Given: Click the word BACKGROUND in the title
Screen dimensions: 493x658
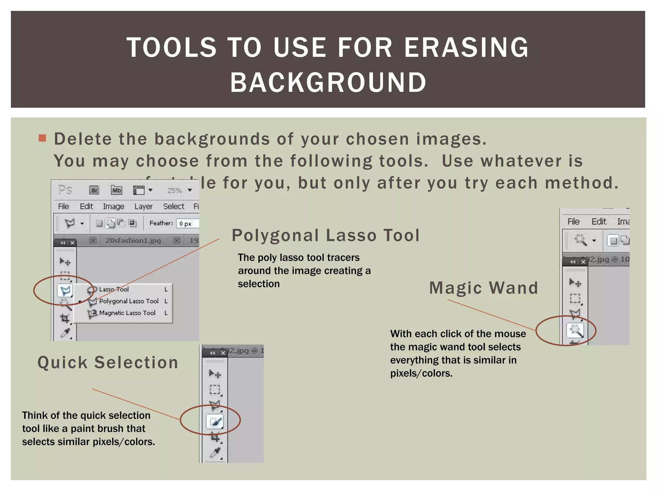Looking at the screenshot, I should click(328, 82).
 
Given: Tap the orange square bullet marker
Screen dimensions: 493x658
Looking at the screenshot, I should click(42, 138).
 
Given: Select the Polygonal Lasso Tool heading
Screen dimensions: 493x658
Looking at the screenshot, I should click(325, 235).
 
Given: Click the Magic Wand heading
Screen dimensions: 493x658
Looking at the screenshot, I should click(484, 288).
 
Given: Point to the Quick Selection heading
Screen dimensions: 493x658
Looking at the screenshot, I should click(108, 363).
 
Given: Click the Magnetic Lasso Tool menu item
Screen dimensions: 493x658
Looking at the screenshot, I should click(127, 313).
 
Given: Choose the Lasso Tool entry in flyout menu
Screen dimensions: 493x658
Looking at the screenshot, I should click(114, 290).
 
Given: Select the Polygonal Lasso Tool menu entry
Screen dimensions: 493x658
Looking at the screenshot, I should click(129, 301).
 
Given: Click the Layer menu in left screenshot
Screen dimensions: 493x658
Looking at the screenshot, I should click(143, 206).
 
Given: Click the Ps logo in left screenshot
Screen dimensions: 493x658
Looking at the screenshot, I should click(65, 190).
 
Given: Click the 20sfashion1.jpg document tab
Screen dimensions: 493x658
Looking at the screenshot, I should click(133, 241).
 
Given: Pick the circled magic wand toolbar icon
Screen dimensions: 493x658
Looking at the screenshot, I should click(575, 330).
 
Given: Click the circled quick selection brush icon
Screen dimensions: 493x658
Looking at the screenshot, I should click(215, 421).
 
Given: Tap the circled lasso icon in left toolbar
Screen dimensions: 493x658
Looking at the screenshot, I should click(66, 291).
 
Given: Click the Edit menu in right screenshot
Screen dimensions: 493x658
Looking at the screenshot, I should click(599, 222).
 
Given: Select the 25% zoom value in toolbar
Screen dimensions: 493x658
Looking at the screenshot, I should click(174, 191).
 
